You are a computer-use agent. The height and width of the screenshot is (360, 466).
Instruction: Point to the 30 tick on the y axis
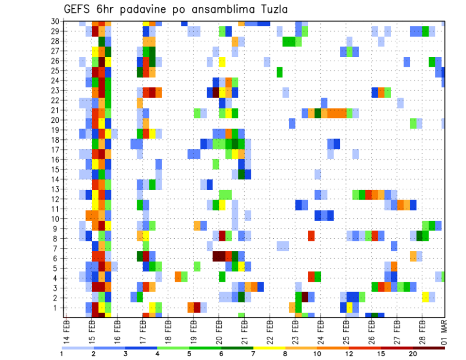pos(55,21)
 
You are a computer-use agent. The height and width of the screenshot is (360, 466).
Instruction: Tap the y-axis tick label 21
pos(55,110)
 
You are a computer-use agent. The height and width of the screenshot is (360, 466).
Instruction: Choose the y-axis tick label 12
pos(55,199)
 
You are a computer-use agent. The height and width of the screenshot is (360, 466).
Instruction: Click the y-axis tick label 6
pos(57,258)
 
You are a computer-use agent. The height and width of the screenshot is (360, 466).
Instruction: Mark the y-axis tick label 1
pos(57,308)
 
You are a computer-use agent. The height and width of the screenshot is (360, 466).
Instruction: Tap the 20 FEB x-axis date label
pos(219,330)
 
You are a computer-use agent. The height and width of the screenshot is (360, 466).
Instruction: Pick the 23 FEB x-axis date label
pos(295,330)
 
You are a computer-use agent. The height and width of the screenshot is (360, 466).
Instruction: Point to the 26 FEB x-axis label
pos(371,330)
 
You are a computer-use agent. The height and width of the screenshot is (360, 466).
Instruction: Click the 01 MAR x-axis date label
pos(444,330)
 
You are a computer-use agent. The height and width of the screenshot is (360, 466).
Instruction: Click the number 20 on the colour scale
pos(413,354)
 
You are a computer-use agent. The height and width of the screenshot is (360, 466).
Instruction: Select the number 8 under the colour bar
pos(285,354)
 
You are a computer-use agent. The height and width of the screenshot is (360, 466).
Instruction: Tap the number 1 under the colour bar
pos(62,354)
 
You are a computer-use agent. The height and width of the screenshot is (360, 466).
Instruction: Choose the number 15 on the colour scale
pos(381,354)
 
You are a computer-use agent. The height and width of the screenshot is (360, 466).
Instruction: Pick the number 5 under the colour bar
pos(189,354)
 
